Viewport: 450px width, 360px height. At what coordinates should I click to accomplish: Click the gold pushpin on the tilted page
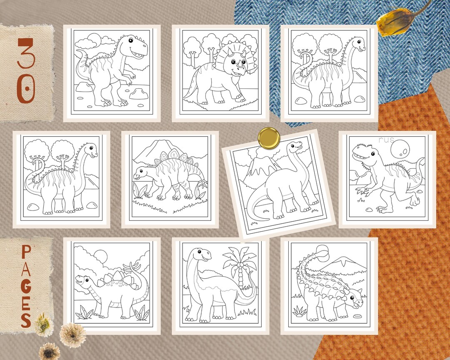tap(269, 137)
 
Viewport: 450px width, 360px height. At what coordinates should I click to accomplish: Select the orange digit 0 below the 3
tap(26, 90)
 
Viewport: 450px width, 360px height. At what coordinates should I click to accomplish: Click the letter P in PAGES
tap(26, 252)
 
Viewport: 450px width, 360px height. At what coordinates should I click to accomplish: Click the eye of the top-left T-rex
tap(131, 40)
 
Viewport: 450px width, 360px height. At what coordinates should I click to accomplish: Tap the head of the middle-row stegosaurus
tap(140, 175)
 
